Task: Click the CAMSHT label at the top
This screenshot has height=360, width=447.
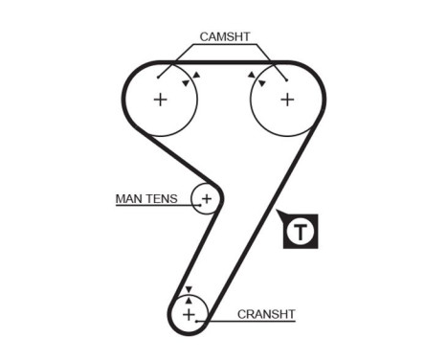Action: click(224, 37)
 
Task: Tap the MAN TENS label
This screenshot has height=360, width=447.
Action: click(146, 199)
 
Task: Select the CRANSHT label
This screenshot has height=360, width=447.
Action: click(265, 313)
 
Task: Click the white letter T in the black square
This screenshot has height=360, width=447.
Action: click(302, 231)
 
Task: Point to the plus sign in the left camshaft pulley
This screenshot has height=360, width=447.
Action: click(161, 99)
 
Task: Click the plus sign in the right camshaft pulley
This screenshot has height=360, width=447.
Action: click(286, 99)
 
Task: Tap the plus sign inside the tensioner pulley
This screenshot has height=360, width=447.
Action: click(206, 199)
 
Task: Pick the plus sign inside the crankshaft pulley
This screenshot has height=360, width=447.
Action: click(189, 313)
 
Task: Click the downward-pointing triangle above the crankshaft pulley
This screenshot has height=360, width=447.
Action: click(189, 288)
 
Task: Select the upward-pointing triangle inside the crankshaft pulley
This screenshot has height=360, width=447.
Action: click(189, 298)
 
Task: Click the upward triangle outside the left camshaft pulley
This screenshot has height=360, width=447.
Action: click(197, 74)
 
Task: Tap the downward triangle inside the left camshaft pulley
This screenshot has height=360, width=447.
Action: click(187, 82)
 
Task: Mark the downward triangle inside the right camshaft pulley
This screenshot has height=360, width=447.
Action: click(259, 82)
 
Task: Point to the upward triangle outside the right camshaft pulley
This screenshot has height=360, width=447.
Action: click(250, 74)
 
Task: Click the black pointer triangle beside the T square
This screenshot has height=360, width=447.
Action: click(279, 215)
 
